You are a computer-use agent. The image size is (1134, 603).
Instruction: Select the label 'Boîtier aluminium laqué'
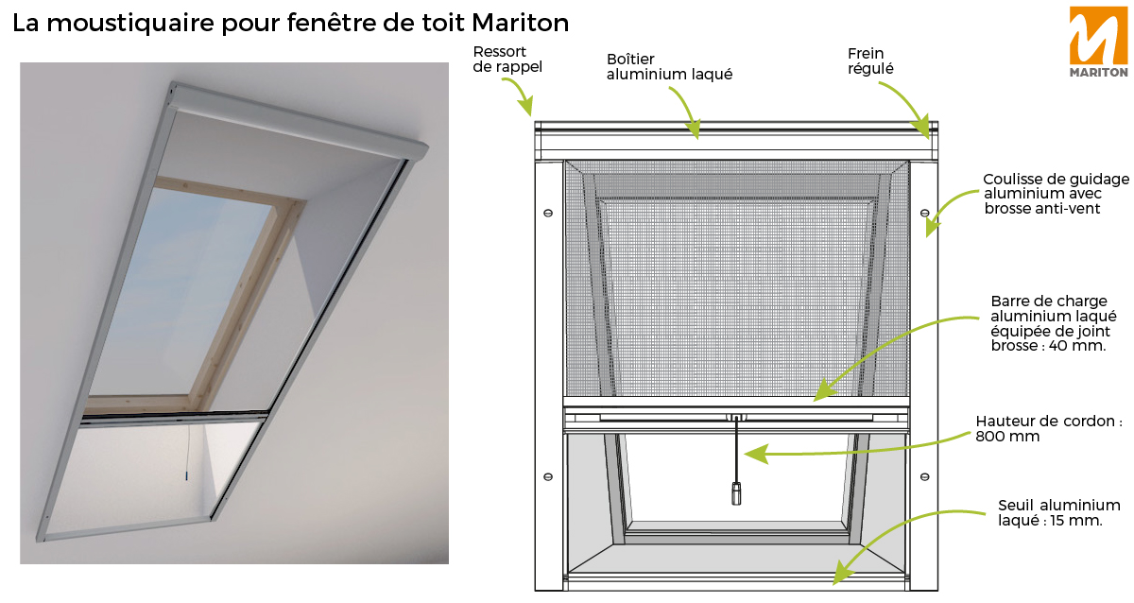[669, 66]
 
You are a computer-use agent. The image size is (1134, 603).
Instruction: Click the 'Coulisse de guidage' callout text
[1056, 193]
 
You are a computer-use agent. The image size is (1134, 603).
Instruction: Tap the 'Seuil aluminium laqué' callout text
[1059, 512]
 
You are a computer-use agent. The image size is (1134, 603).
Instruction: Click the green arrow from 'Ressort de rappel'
[518, 95]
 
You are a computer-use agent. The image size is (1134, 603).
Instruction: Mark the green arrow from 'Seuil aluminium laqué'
[898, 539]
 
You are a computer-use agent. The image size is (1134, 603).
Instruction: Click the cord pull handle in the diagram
[736, 493]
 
